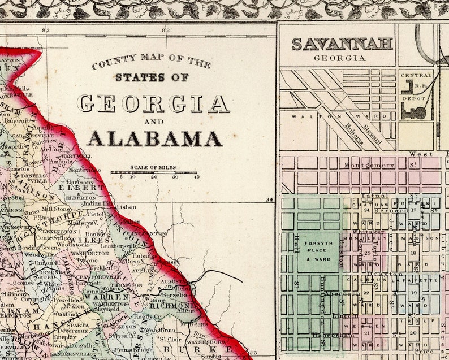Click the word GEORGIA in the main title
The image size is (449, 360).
[153, 104]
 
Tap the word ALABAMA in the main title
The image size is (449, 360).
[154, 138]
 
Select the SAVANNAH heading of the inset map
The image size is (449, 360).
[342, 44]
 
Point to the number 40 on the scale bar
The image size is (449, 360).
[196, 177]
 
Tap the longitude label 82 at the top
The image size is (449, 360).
[165, 30]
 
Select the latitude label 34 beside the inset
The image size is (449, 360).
[269, 199]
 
